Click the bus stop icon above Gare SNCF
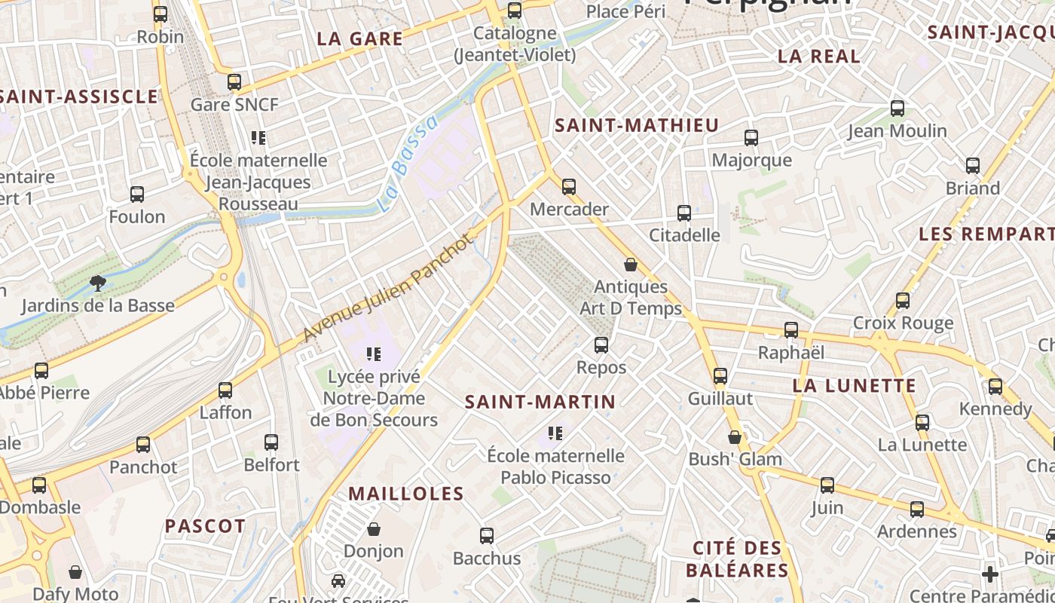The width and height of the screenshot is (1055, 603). (x=234, y=81)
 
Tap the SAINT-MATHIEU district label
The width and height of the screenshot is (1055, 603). (x=637, y=126)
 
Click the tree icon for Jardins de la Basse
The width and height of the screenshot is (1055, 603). (x=97, y=283)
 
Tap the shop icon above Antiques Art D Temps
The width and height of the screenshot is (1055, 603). (x=631, y=265)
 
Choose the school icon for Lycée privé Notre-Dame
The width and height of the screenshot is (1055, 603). (x=373, y=354)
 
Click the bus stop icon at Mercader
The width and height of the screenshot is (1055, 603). (x=569, y=186)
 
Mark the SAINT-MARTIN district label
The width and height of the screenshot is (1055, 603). (x=540, y=402)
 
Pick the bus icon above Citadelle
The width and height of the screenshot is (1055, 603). (x=684, y=213)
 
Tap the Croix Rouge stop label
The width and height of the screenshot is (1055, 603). (x=903, y=323)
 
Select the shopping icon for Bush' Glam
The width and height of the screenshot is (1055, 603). (x=735, y=437)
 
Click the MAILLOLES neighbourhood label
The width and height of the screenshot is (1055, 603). (x=405, y=494)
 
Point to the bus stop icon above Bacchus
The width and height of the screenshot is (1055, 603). (x=487, y=536)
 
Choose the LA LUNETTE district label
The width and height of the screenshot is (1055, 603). (x=854, y=386)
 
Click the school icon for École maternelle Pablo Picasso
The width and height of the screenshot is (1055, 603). (x=555, y=433)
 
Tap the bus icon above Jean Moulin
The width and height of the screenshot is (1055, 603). (x=897, y=109)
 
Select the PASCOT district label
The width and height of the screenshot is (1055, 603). (x=205, y=526)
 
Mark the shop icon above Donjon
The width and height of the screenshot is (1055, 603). (x=374, y=529)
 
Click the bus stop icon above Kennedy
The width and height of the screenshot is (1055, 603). (x=995, y=387)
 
